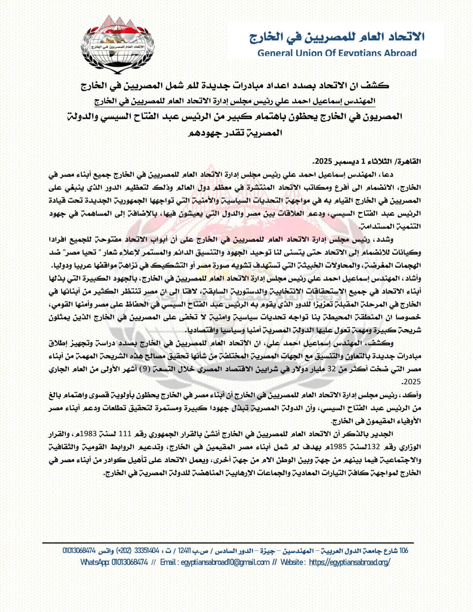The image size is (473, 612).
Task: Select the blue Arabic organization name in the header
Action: pos(337,37)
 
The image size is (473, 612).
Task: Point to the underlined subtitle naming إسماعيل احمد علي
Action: pos(235,101)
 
